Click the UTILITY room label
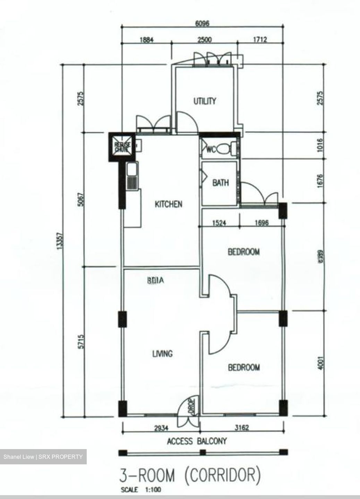205,101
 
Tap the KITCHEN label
168,204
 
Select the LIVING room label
162,354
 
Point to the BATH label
221,182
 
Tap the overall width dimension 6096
203,24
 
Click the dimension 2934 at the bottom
161,428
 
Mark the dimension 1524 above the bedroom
219,223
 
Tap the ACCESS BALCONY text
197,441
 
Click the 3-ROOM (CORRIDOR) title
189,475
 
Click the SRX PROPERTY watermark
43,457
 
